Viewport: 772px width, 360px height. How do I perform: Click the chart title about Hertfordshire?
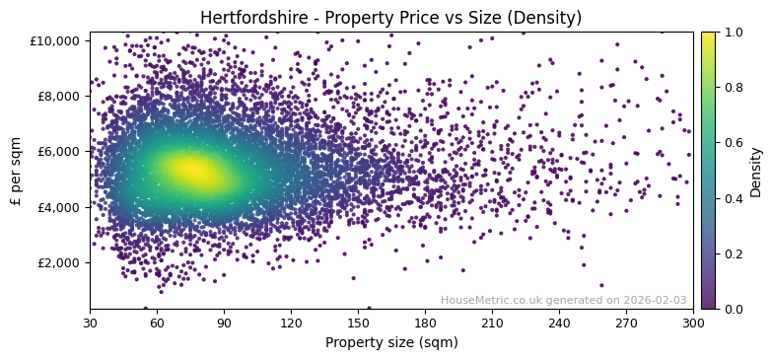point(390,18)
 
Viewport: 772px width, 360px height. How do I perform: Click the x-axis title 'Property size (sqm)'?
point(391,343)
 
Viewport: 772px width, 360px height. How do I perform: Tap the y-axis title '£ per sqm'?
point(16,172)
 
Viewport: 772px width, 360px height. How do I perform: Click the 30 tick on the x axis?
point(90,323)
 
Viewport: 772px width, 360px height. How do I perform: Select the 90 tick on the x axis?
point(224,323)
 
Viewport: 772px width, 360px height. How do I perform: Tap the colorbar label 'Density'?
point(756,172)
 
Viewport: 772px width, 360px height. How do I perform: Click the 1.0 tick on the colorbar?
point(734,33)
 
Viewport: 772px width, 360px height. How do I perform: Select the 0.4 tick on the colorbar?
point(734,198)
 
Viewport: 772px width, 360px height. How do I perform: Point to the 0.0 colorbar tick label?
point(734,310)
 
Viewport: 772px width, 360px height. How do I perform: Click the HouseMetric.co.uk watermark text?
point(563,301)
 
